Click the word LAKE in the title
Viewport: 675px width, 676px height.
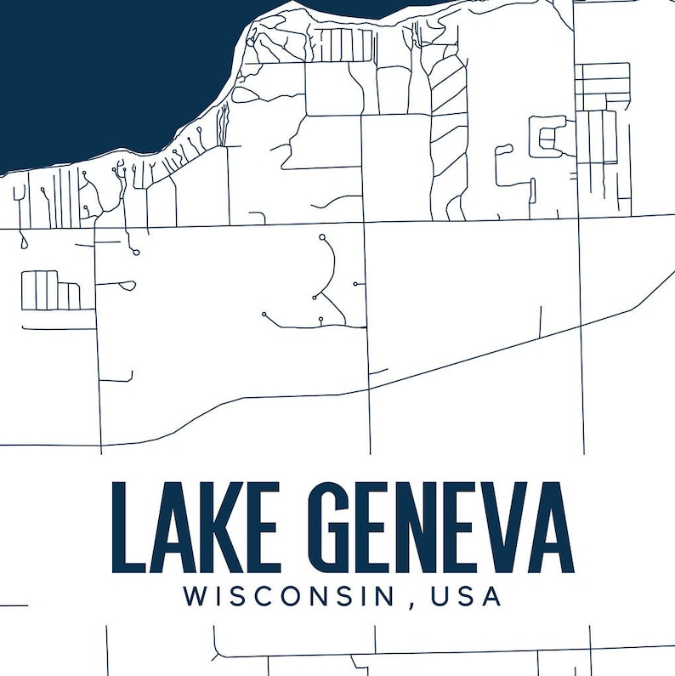(x=196, y=526)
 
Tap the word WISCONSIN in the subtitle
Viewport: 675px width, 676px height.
(x=289, y=596)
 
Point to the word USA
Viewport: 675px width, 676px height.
(x=467, y=596)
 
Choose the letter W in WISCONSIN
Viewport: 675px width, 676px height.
(x=195, y=596)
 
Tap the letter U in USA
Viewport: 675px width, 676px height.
(x=441, y=596)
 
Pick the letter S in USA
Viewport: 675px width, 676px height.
(x=467, y=596)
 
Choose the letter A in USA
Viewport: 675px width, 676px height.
(x=491, y=596)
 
